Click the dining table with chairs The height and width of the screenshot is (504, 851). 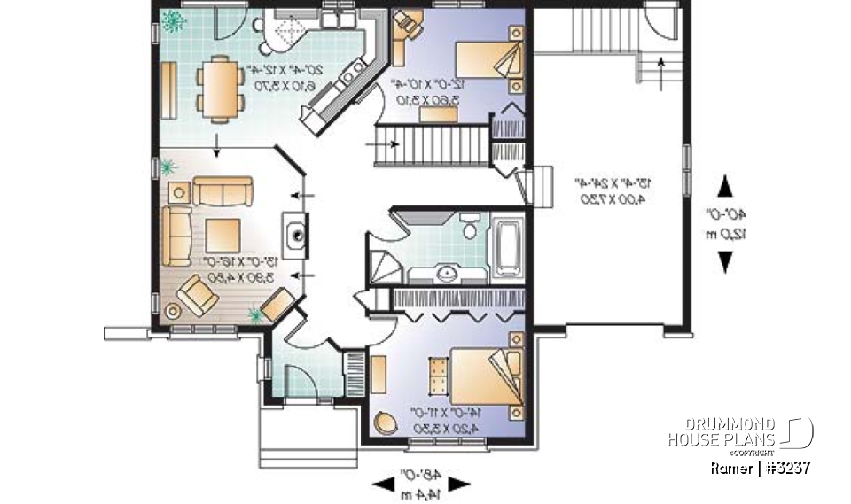(x=217, y=87)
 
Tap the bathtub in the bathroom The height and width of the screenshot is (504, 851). (x=509, y=245)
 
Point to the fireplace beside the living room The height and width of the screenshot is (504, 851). (x=296, y=235)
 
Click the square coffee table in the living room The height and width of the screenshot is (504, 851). (x=223, y=235)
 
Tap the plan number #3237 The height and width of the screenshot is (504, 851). (x=780, y=468)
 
